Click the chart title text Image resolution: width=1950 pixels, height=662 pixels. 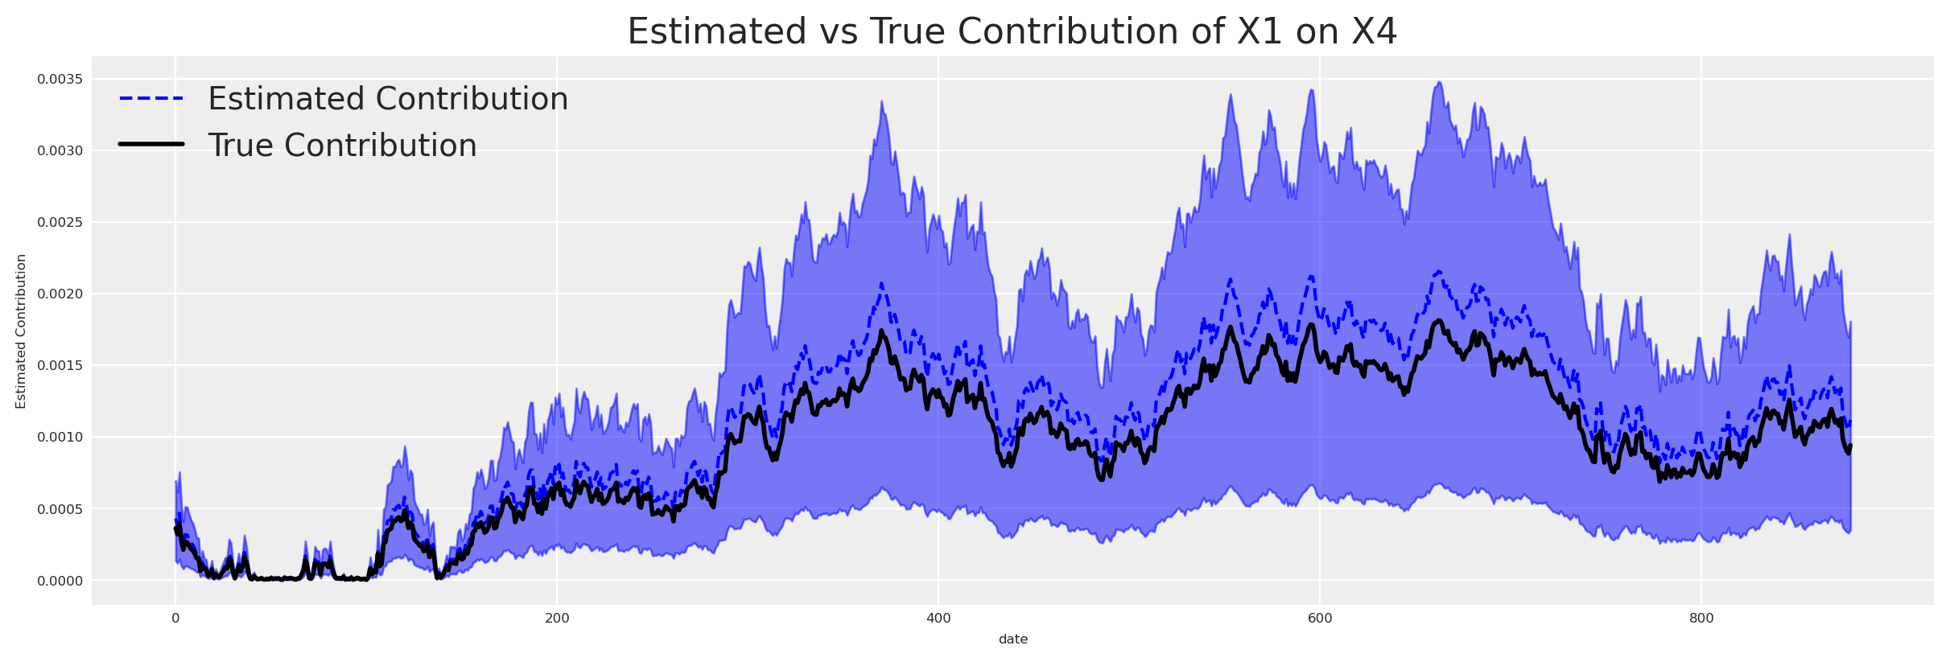1012,32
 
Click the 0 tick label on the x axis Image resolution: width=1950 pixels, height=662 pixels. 175,619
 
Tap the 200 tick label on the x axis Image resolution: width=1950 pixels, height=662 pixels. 557,619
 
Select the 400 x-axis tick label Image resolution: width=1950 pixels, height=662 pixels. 938,619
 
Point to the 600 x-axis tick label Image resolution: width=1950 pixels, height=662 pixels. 1320,619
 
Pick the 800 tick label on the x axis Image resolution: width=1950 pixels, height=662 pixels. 1701,619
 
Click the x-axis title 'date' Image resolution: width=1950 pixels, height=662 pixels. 1012,639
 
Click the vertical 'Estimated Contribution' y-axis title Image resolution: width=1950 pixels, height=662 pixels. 21,331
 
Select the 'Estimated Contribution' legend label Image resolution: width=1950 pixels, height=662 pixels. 388,99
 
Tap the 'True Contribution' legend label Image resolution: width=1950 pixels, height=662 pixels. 342,146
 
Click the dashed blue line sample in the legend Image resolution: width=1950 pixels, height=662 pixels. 151,99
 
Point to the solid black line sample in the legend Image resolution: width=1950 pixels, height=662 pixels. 151,145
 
